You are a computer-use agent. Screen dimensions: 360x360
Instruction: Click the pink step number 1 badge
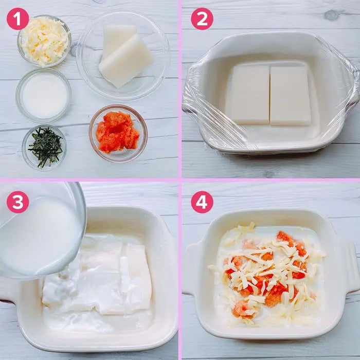[x=17, y=19]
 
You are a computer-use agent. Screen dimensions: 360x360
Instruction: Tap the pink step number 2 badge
[x=202, y=19]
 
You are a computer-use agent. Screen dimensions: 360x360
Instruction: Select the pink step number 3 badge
[x=17, y=202]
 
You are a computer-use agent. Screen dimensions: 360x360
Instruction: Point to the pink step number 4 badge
[x=202, y=202]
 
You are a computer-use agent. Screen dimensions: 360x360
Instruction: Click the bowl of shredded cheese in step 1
[x=44, y=41]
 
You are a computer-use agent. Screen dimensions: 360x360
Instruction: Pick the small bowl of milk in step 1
[x=43, y=95]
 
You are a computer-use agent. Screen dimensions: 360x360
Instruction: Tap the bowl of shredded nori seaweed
[x=44, y=148]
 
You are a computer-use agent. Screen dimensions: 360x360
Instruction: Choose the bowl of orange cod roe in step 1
[x=118, y=133]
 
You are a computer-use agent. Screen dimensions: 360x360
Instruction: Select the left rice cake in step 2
[x=250, y=94]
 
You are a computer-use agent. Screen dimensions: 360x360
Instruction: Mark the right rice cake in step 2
[x=291, y=96]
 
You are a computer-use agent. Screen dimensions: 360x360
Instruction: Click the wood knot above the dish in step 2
[x=331, y=15]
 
